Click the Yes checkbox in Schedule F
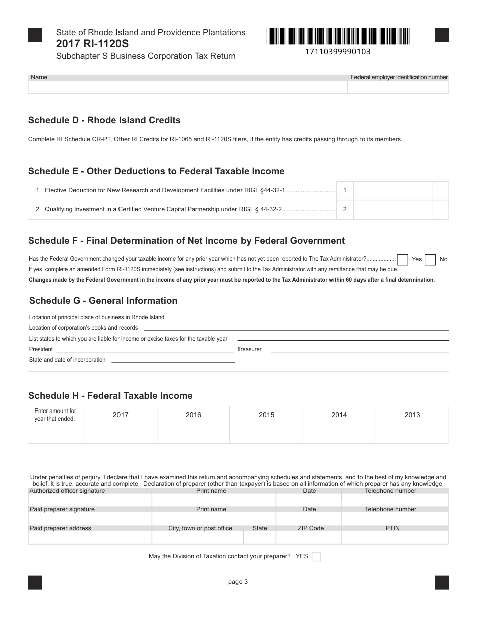pos(402,260)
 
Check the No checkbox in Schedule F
pos(430,260)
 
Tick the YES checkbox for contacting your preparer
pos(316,557)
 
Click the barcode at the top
pos(338,37)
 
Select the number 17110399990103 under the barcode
pos(337,51)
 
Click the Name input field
pos(188,87)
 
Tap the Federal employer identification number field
pos(399,87)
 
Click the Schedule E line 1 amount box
pos(392,191)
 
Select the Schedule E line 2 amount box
pos(392,210)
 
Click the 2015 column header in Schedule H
pos(266,415)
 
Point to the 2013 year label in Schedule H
pos(412,415)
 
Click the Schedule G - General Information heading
pos(103,301)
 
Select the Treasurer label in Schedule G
pos(249,349)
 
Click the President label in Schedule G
pos(41,349)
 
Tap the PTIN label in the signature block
pos(392,528)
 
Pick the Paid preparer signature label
pos(62,509)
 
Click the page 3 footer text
pos(238,582)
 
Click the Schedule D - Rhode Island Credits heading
pos(104,120)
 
